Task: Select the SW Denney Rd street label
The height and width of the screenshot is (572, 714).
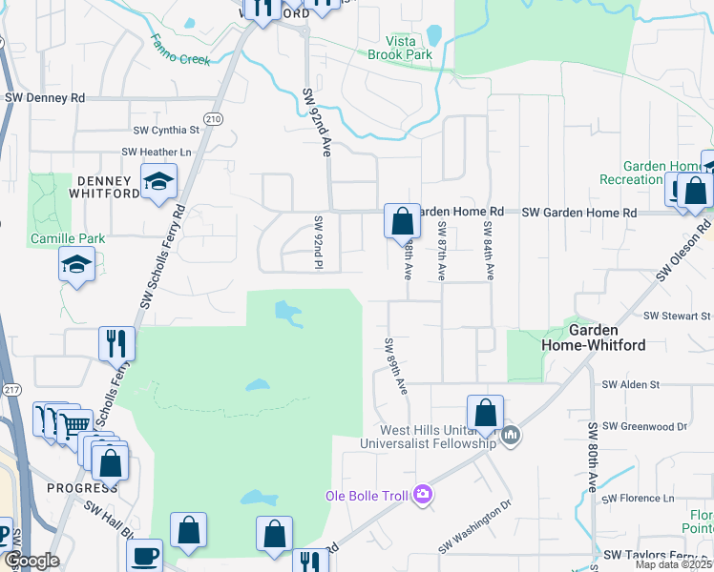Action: point(45,98)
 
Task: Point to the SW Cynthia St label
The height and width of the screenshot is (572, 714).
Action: point(168,130)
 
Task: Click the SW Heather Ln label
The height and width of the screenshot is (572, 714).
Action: point(157,153)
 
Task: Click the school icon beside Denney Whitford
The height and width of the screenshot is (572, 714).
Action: point(159,181)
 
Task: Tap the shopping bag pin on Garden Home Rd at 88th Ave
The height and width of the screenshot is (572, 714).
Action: point(403,221)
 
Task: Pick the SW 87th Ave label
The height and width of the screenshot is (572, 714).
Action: point(442,251)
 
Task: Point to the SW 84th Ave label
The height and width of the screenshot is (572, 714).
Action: point(488,251)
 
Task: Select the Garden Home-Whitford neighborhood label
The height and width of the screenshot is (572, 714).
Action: point(607,337)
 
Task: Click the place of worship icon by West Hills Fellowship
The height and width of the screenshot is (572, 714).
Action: point(512,437)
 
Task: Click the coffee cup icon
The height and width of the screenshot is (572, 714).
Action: point(144,555)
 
